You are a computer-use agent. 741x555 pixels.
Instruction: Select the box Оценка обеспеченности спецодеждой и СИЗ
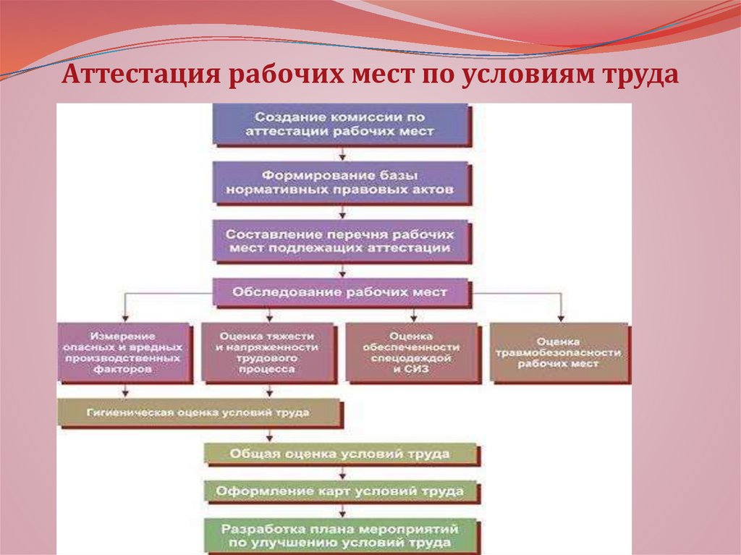(412, 352)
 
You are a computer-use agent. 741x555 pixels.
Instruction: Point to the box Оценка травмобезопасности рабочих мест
(559, 352)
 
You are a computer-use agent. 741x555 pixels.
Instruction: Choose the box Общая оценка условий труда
(340, 454)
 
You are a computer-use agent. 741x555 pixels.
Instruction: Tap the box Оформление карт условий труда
(340, 491)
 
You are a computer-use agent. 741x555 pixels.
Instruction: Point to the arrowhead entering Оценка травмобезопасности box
(561, 317)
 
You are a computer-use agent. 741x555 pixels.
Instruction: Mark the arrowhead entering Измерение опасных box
(125, 317)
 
